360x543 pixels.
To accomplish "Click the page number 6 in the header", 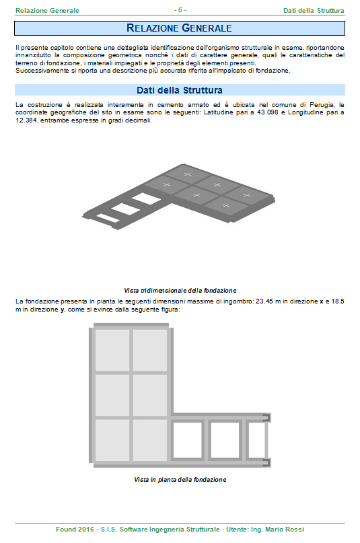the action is coord(180,10).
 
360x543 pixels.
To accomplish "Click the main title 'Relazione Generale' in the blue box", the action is coord(179,28).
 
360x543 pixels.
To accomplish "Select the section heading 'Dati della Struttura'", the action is coord(179,90).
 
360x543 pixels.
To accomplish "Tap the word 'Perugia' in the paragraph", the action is coord(322,104).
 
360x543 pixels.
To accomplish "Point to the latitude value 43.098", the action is coord(268,112).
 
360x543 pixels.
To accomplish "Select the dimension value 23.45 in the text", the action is coord(264,301).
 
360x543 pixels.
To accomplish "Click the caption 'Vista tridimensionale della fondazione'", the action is coord(180,291).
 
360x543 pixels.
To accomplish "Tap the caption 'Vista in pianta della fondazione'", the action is coord(180,480).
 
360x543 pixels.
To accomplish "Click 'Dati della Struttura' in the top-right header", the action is coord(314,10).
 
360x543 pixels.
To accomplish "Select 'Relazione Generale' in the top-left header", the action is coord(47,10).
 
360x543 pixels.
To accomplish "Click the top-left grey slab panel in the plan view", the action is coord(112,350).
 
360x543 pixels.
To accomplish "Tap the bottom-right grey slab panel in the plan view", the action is coord(150,440).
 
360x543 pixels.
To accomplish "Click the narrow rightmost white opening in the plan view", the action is coord(257,440).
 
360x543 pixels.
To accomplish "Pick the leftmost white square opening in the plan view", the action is coord(187,440).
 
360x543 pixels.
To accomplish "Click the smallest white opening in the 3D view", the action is coord(108,218).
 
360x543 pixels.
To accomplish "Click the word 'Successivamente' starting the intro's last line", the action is coord(37,71).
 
